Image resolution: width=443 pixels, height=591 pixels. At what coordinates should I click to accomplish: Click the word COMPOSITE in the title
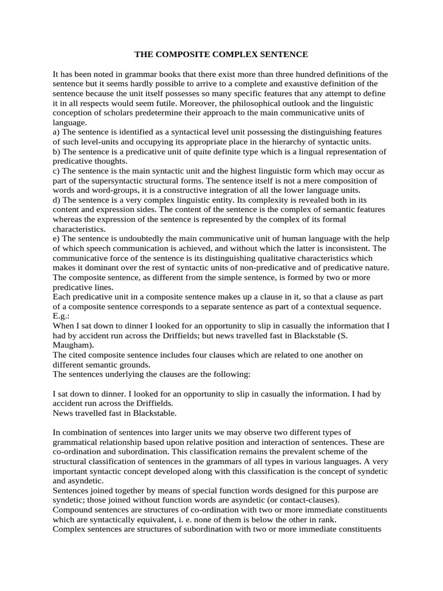[x=188, y=54]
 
